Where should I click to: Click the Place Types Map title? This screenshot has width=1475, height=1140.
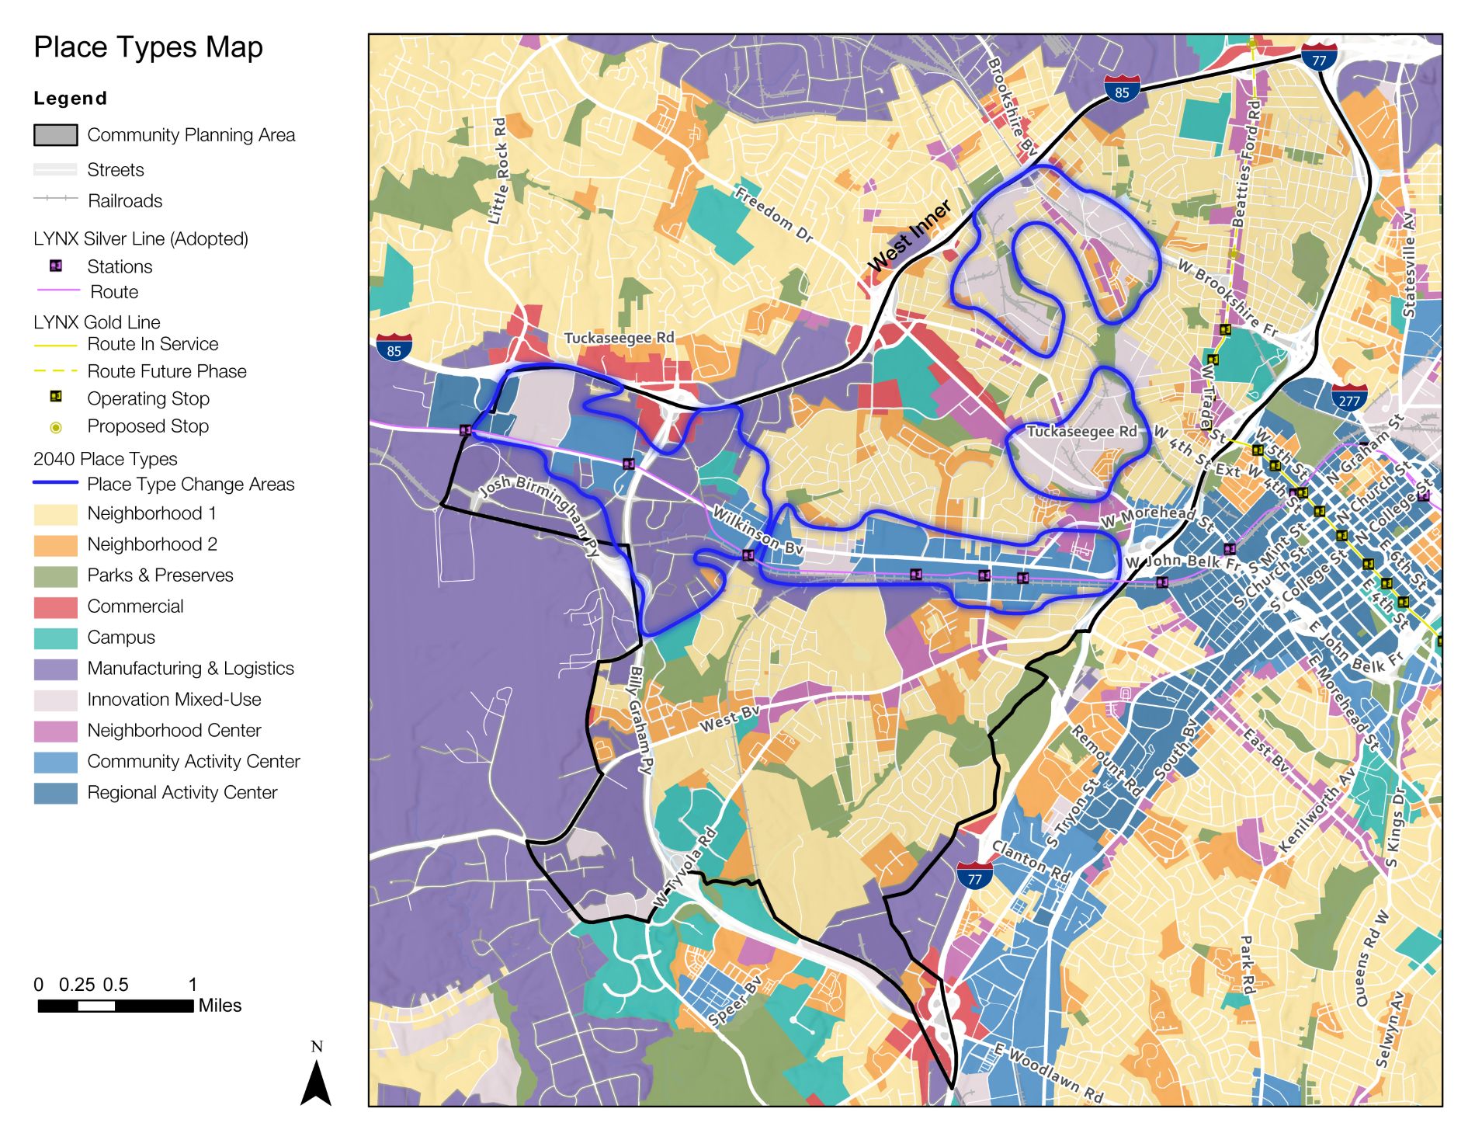[x=148, y=47]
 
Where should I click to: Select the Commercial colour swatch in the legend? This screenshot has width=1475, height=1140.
[x=56, y=606]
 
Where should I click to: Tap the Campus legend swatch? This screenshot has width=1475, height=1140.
[x=56, y=638]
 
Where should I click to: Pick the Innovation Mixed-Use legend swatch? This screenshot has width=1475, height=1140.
[x=56, y=700]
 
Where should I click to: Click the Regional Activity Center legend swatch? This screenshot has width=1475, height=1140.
[x=56, y=793]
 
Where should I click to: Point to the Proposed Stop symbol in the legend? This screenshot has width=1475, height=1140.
[x=56, y=427]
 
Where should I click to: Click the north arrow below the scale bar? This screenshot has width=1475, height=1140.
[x=316, y=1081]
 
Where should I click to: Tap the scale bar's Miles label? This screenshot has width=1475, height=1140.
[x=220, y=1006]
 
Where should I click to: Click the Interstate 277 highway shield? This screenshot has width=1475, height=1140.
[x=1349, y=398]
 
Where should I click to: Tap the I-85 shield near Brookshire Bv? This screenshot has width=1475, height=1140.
[x=1122, y=89]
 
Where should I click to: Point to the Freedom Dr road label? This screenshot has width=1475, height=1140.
[x=773, y=214]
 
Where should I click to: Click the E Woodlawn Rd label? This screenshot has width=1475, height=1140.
[x=1049, y=1074]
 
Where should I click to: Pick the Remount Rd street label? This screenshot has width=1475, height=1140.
[x=1107, y=761]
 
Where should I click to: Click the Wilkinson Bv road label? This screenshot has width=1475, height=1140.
[x=758, y=530]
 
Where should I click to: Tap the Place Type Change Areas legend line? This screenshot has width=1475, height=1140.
[x=56, y=483]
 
